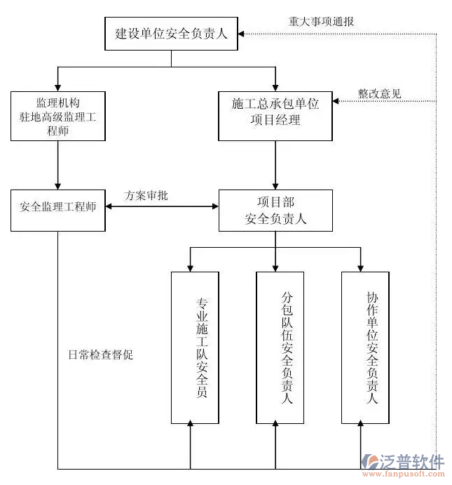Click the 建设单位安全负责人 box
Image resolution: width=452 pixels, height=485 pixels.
click(x=172, y=33)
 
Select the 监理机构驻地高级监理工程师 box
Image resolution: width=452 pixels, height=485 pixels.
click(x=58, y=115)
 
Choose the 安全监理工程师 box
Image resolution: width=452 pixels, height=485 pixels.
click(x=58, y=209)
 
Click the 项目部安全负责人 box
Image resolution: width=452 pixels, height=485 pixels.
click(x=275, y=210)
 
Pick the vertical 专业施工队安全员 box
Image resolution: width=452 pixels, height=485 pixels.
click(x=195, y=347)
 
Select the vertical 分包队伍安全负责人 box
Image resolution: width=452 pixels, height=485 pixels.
click(x=280, y=347)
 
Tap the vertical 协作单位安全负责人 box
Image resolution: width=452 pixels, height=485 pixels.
click(x=365, y=347)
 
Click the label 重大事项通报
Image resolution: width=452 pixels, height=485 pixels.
click(x=322, y=21)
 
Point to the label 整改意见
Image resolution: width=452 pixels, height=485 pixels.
click(x=379, y=93)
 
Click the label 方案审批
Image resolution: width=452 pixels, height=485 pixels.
click(x=146, y=196)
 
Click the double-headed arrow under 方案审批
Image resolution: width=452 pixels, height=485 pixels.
click(x=162, y=207)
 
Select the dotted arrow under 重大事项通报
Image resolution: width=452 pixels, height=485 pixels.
click(x=336, y=33)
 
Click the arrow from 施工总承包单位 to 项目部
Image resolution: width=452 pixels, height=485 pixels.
click(x=275, y=164)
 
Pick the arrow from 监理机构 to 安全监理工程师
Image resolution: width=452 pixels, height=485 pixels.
click(x=58, y=164)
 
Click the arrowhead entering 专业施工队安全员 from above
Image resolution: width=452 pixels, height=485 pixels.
click(x=190, y=267)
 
